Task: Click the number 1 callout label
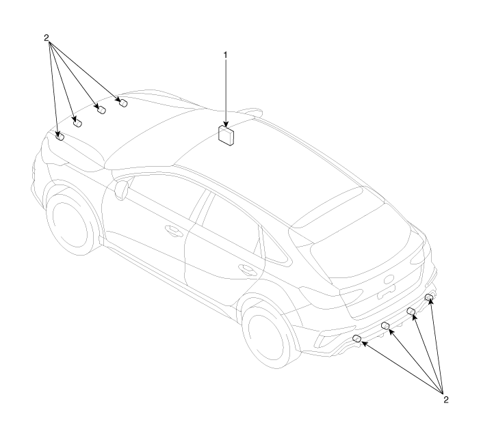[x=226, y=55]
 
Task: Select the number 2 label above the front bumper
[x=47, y=38]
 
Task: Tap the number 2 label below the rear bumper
[x=445, y=400]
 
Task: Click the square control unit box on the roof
[x=226, y=135]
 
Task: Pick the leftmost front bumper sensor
[x=60, y=136]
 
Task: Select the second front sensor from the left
[x=77, y=123]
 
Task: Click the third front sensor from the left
[x=101, y=109]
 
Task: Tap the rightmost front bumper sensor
[x=123, y=102]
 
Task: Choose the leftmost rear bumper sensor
[x=357, y=338]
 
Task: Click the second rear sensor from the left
[x=385, y=325]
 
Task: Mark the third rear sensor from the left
[x=411, y=312]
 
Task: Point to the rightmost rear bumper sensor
[x=429, y=297]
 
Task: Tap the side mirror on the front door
[x=122, y=190]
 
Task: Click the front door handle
[x=173, y=230]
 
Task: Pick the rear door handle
[x=247, y=269]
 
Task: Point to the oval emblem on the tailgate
[x=389, y=279]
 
